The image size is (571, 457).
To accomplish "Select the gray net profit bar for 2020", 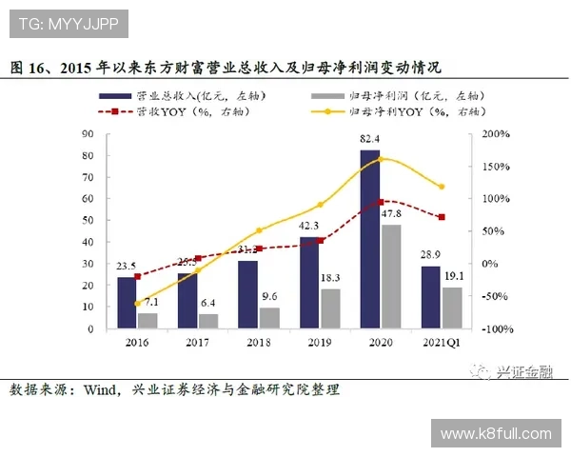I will [x=390, y=276].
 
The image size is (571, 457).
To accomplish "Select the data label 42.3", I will [x=308, y=227].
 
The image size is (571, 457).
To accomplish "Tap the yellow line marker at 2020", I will [x=381, y=159].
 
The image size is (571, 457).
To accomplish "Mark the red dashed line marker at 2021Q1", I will [x=441, y=217].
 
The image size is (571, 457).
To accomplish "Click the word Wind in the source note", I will [x=103, y=390].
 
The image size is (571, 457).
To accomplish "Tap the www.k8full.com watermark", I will [x=496, y=434].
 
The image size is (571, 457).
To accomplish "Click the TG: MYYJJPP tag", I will [x=65, y=23].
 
